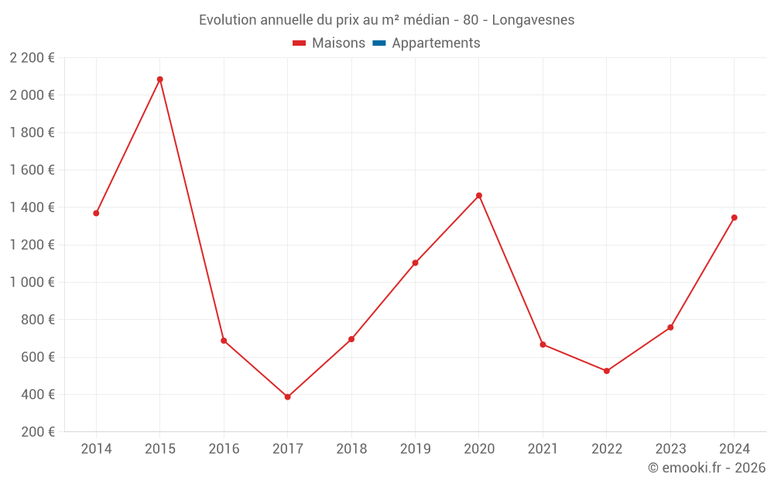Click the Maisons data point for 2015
click(x=160, y=79)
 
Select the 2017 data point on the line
click(x=287, y=397)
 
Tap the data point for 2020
click(x=479, y=195)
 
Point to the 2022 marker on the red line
click(x=607, y=371)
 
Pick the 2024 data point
click(x=734, y=218)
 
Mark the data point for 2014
click(x=96, y=213)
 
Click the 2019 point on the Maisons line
click(x=415, y=263)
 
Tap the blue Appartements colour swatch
click(x=379, y=43)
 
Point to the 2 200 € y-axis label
click(x=32, y=58)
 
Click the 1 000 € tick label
click(x=32, y=283)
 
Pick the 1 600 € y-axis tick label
click(x=32, y=170)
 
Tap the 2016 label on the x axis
click(x=224, y=449)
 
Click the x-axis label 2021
click(x=543, y=449)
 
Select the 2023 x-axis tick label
click(x=670, y=449)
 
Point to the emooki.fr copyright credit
click(x=706, y=468)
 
